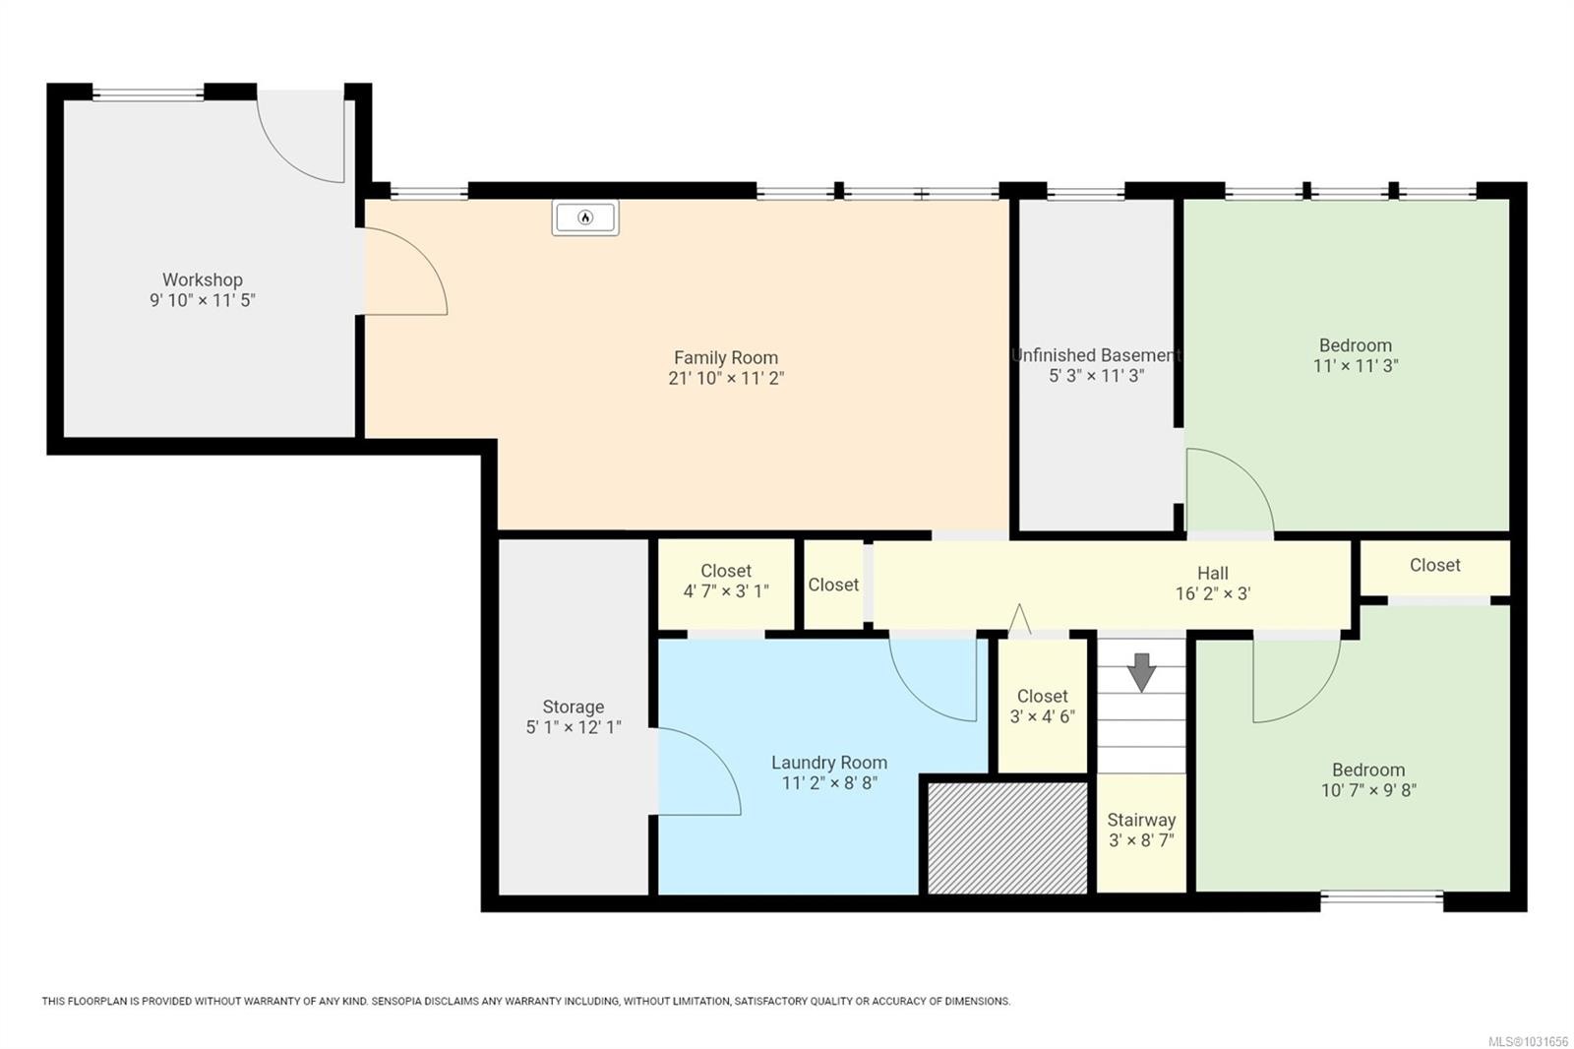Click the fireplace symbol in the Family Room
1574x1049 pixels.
pos(585,217)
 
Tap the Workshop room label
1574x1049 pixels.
pos(203,280)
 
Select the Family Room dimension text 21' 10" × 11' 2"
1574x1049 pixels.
pos(726,378)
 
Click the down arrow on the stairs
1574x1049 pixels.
pos(1141,672)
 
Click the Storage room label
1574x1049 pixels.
pos(574,707)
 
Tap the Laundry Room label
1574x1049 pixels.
pos(829,763)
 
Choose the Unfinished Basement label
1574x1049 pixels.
pos(1096,355)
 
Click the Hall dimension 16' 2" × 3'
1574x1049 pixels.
pos(1212,593)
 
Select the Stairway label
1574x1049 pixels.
pos(1141,820)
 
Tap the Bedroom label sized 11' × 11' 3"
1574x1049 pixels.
pos(1356,345)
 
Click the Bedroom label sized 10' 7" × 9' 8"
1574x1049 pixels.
pos(1368,771)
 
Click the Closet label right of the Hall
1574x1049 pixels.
pos(1434,565)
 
